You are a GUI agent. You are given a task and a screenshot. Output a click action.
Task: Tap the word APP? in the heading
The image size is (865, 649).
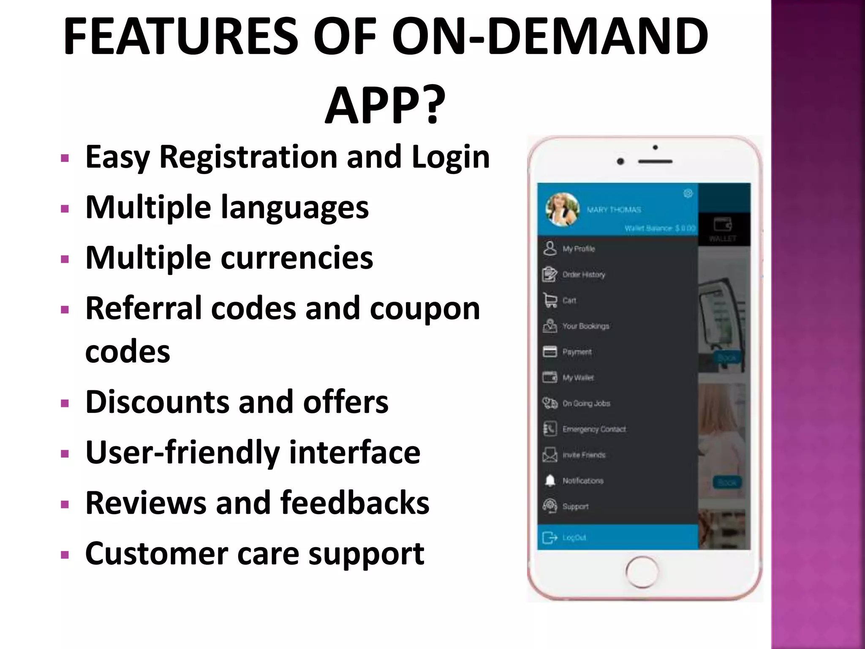point(385,105)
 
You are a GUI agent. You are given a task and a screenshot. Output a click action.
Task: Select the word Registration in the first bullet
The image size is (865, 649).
point(248,157)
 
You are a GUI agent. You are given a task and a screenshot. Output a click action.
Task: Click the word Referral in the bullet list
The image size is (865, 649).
point(143,308)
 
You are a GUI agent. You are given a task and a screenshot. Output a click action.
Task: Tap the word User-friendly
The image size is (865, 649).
point(182,452)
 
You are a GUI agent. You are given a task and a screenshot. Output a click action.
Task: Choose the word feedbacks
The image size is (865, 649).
point(354,503)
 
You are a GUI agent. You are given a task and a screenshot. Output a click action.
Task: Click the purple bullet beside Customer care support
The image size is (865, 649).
point(65,554)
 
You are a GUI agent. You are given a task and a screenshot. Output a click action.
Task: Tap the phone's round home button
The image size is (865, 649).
point(642,572)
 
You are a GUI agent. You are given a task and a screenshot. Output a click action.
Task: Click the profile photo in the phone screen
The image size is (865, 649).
point(562,210)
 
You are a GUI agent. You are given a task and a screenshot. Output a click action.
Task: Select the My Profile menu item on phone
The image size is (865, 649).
point(578,249)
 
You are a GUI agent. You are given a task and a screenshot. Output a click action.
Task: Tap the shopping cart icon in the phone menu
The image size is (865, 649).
point(549,300)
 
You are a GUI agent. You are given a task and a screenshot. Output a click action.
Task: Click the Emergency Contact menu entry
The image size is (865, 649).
point(594,429)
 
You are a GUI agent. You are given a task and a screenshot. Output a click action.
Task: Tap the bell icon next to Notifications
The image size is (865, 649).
point(549,481)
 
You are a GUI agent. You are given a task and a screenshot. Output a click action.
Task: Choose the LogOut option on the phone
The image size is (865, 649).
point(574,537)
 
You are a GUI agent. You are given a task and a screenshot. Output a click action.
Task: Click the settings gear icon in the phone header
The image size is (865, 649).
point(688,194)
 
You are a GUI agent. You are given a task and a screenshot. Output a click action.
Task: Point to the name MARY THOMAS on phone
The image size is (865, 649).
point(614,210)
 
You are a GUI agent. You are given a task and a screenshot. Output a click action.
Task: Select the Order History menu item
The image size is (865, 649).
point(583,275)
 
